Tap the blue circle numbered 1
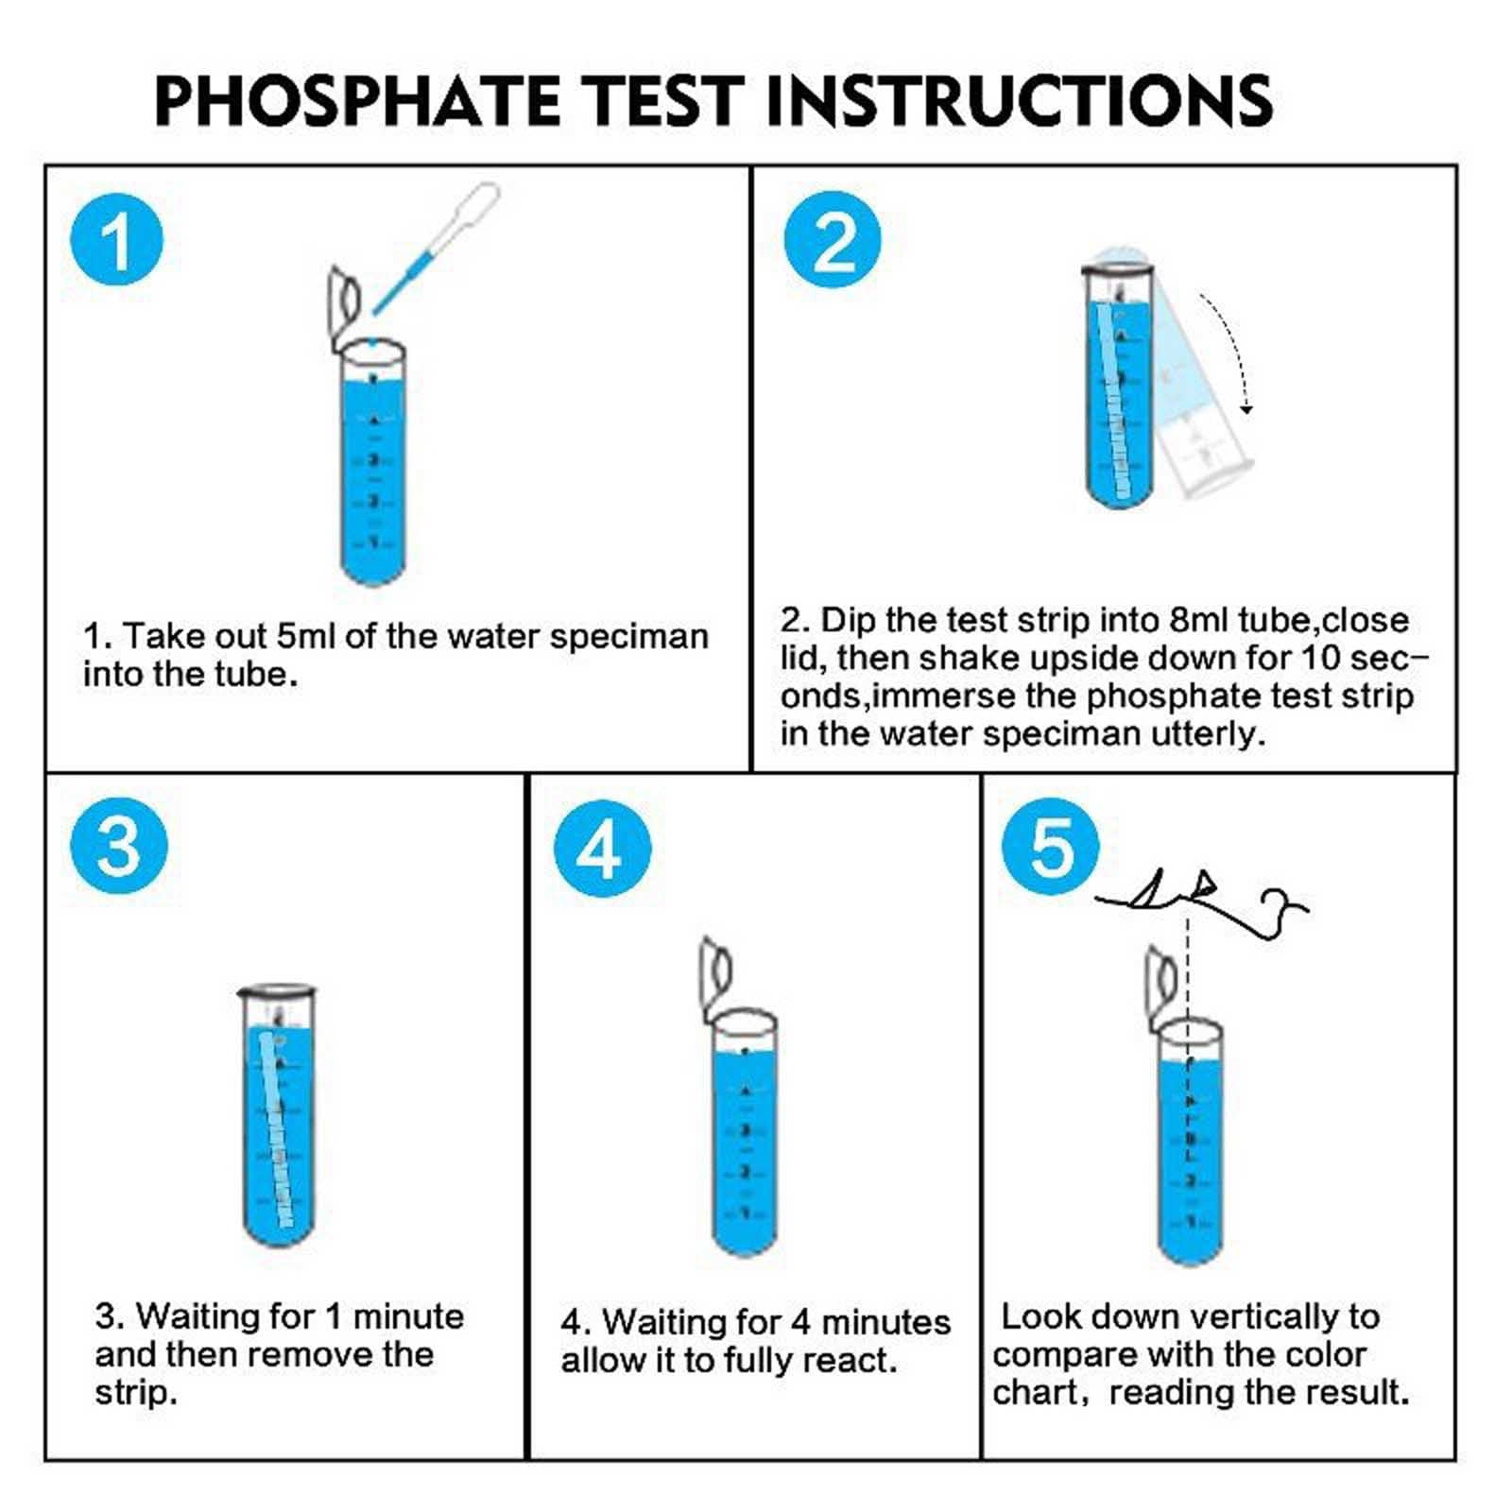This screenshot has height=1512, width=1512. click(117, 238)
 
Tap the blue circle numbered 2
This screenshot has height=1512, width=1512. click(833, 240)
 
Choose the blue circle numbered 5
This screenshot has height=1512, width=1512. click(1050, 846)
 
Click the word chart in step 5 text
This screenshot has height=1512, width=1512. click(1034, 1392)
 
